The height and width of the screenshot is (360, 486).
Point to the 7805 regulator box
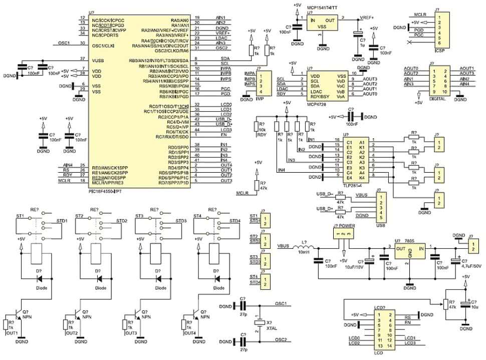pos(410,253)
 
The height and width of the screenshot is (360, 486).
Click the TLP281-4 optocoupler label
pos(354,184)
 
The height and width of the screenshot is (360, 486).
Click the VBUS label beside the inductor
pos(284,246)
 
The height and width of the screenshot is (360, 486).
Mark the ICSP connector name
pos(439,50)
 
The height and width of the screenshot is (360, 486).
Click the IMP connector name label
pos(260,99)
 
